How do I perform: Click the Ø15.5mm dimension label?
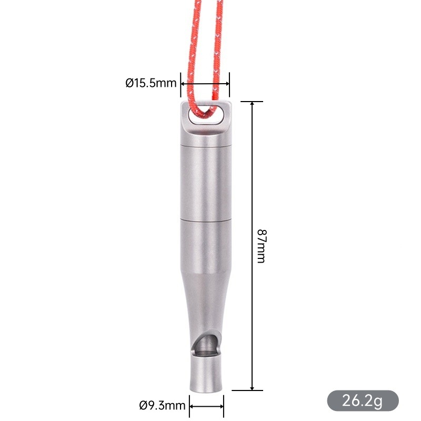pyautogui.click(x=151, y=83)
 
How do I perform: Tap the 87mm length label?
pyautogui.click(x=261, y=246)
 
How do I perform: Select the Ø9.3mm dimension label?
pyautogui.click(x=162, y=405)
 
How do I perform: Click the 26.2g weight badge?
pyautogui.click(x=363, y=400)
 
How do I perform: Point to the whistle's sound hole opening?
pyautogui.click(x=206, y=344)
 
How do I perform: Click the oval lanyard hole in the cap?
pyautogui.click(x=206, y=115)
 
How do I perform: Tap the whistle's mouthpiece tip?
pyautogui.click(x=206, y=390)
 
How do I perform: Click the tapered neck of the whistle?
pyautogui.click(x=206, y=300)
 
